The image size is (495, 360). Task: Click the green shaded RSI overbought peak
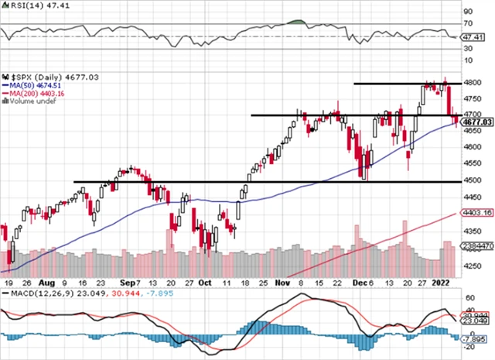coord(295,21)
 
